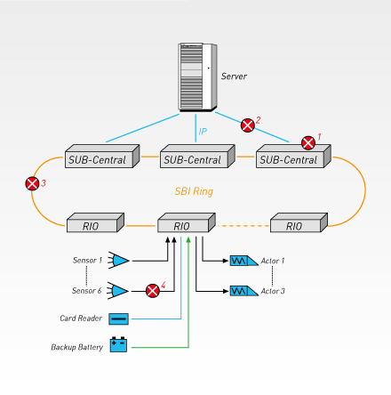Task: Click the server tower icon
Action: pyautogui.click(x=197, y=77)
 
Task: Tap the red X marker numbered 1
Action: pyautogui.click(x=308, y=143)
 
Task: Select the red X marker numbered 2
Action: pyautogui.click(x=248, y=125)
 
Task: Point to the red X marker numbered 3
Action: pyautogui.click(x=32, y=183)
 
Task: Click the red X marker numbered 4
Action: pyautogui.click(x=153, y=291)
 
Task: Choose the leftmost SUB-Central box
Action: pyautogui.click(x=102, y=157)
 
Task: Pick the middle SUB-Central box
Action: pyautogui.click(x=197, y=157)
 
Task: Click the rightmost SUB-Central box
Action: pyautogui.click(x=293, y=157)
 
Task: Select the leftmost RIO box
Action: pyautogui.click(x=95, y=222)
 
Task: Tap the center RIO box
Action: pyautogui.click(x=187, y=222)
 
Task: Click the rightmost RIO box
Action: pyautogui.click(x=299, y=222)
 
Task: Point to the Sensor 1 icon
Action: pyautogui.click(x=118, y=261)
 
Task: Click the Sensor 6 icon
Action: pyautogui.click(x=118, y=291)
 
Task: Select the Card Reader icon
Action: pyautogui.click(x=118, y=318)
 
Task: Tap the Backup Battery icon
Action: pyautogui.click(x=118, y=344)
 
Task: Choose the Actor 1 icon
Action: pyautogui.click(x=244, y=261)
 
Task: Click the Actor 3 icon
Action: pyautogui.click(x=244, y=291)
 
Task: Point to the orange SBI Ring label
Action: pyautogui.click(x=194, y=191)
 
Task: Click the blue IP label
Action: pyautogui.click(x=203, y=132)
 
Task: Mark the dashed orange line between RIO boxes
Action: pyautogui.click(x=243, y=226)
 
